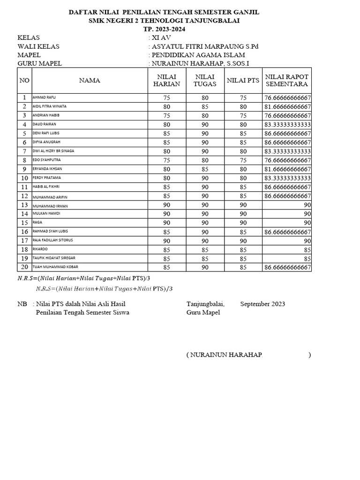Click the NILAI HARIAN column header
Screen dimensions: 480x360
pos(166,80)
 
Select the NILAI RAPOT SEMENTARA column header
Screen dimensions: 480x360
pos(286,80)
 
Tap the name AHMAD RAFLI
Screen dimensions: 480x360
pos(44,97)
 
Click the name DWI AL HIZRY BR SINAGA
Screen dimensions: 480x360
pos(53,151)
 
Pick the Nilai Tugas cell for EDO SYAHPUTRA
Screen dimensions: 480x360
pos(205,160)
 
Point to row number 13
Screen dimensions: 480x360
pos(24,205)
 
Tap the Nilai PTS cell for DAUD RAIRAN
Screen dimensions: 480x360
pos(243,125)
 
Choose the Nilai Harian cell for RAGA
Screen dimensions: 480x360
pos(166,223)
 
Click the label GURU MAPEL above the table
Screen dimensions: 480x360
pos(39,64)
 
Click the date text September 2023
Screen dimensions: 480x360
pos(262,304)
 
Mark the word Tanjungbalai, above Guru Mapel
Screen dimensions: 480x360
pos(205,304)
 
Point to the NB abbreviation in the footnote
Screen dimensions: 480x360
pos(22,304)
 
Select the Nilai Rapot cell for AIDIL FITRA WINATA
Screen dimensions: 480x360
pos(287,107)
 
